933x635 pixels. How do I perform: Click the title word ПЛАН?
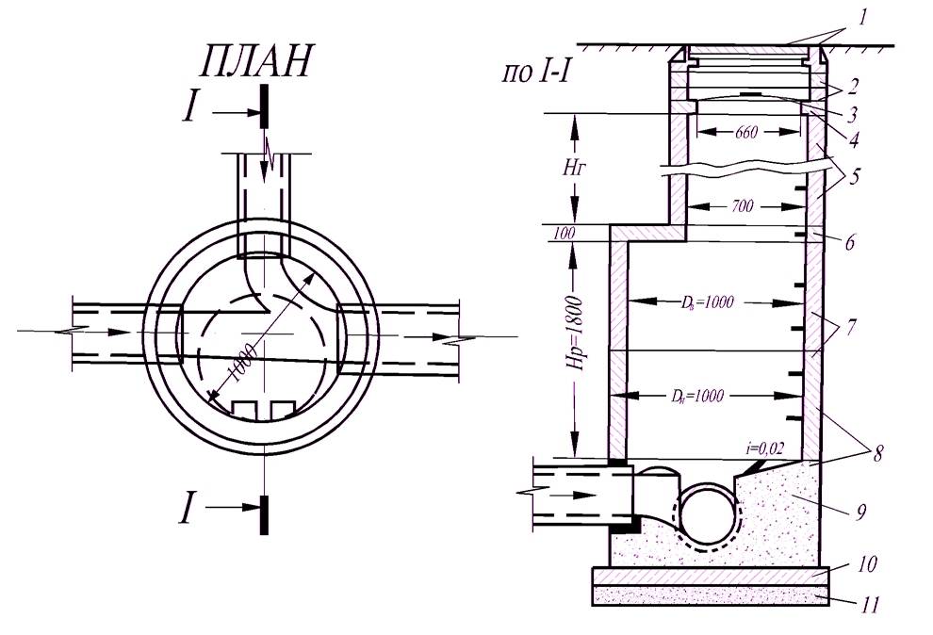pos(254,60)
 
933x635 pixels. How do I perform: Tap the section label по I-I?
pos(538,74)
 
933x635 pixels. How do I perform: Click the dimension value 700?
pos(742,206)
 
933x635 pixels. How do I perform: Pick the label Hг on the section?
pos(575,169)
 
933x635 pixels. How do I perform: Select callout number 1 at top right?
pos(862,17)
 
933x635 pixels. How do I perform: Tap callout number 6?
pos(849,242)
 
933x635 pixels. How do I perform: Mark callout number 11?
pos(869,605)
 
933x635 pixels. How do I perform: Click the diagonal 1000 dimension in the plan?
pos(242,363)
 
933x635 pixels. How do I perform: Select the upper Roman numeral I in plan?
pos(189,108)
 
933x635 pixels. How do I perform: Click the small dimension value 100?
pos(565,234)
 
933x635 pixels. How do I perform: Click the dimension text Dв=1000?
pos(707,302)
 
